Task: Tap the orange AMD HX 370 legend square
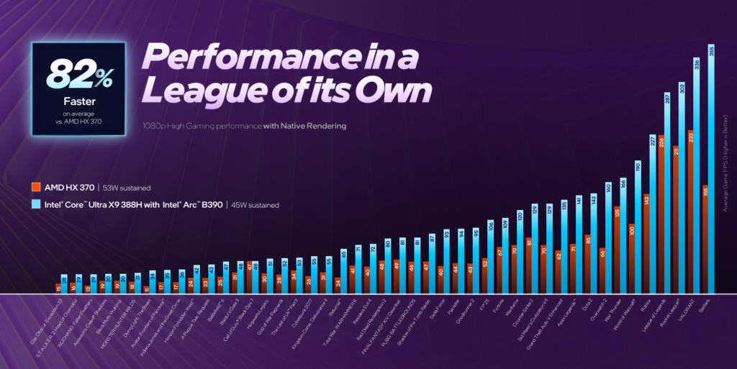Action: coord(35,187)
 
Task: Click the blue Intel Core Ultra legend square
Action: coord(35,205)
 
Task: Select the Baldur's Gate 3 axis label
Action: coord(225,313)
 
